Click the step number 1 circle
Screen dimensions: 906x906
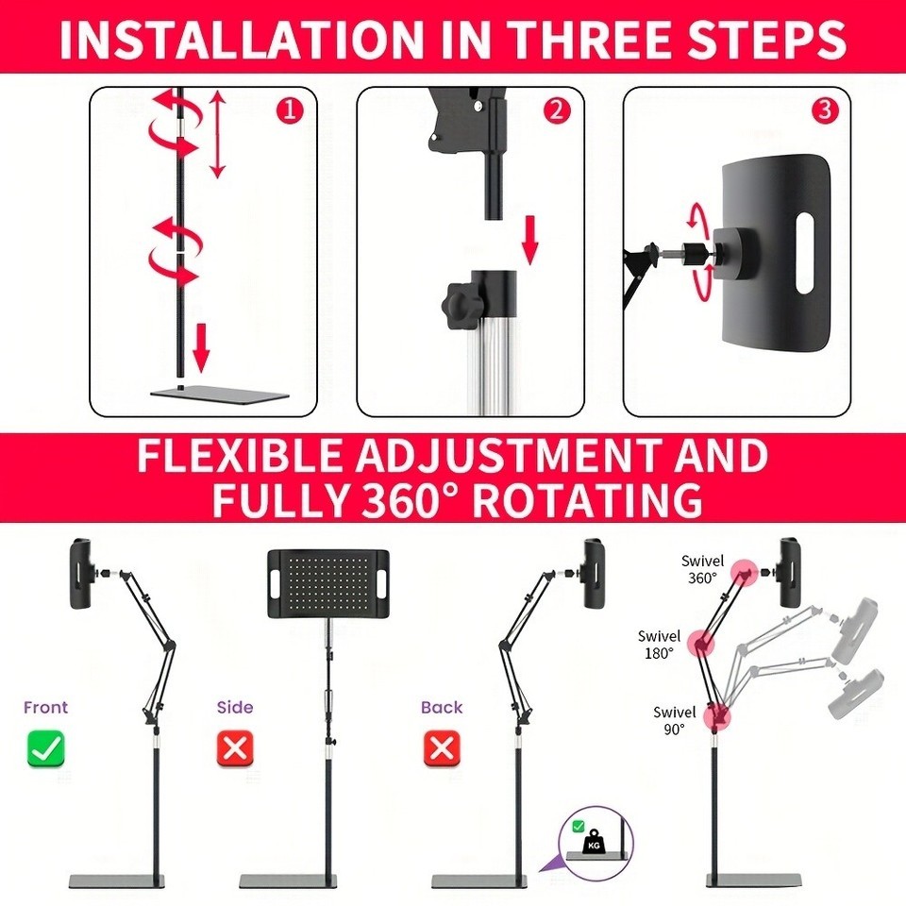[x=290, y=110]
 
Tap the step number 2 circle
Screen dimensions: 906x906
[x=556, y=110]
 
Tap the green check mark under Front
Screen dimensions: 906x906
[x=45, y=748]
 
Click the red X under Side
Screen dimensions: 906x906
[x=235, y=748]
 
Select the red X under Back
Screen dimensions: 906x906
[x=442, y=748]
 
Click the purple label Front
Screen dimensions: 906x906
[x=45, y=707]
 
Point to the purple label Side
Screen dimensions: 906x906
[x=235, y=707]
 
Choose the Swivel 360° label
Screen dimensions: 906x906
[x=702, y=569]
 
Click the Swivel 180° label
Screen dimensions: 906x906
[x=660, y=645]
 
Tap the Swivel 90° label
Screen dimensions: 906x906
[x=674, y=720]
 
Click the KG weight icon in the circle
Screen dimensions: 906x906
[x=594, y=843]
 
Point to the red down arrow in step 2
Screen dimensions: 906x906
[x=529, y=241]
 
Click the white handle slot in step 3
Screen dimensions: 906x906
[x=805, y=253]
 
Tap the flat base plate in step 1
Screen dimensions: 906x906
[x=220, y=395]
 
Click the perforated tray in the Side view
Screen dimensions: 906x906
[x=328, y=583]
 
